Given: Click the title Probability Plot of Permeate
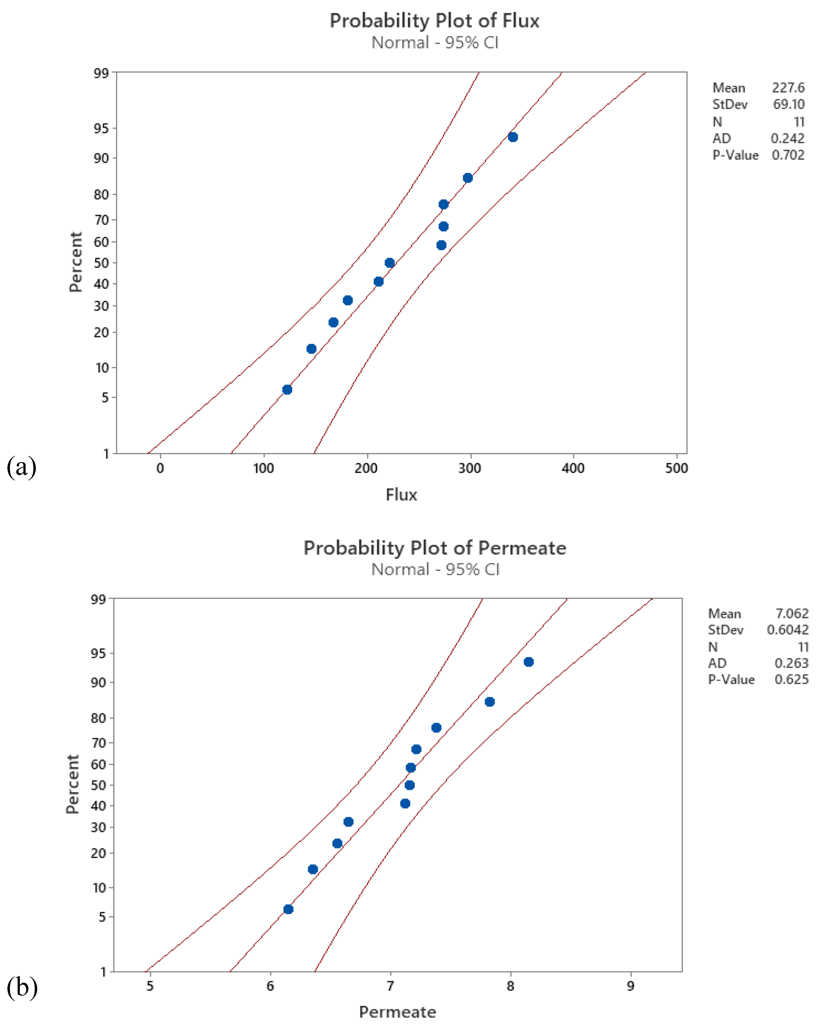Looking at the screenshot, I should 435,548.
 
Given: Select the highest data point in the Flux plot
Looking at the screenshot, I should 513,137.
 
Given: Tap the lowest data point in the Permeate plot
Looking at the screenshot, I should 288,909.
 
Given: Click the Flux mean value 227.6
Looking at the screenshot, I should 788,88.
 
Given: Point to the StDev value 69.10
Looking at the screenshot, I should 788,104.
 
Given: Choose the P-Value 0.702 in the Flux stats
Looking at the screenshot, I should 788,155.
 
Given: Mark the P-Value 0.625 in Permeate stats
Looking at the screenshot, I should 791,680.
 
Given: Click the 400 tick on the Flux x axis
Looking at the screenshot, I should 573,468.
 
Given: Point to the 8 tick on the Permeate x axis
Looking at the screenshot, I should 511,986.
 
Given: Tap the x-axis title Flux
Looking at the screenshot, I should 401,495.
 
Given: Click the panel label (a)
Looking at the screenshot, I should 21,467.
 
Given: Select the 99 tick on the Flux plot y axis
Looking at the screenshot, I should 101,73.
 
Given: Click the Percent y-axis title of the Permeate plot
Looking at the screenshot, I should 72,784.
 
